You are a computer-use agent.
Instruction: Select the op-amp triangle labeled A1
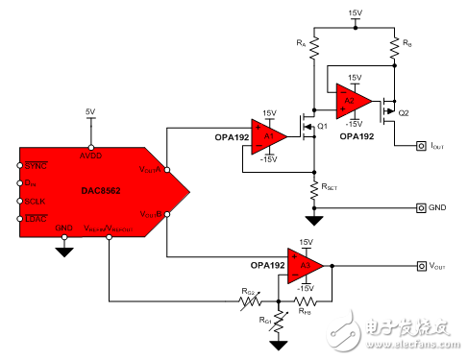268,136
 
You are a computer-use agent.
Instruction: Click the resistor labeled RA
312,47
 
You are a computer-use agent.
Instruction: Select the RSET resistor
312,190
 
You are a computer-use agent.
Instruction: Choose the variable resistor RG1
280,321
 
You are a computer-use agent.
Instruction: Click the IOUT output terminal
421,147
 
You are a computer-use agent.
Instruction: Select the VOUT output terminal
421,266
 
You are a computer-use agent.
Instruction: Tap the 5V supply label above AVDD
90,111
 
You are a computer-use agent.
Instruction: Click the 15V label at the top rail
356,12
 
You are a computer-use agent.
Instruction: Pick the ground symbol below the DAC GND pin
64,252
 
